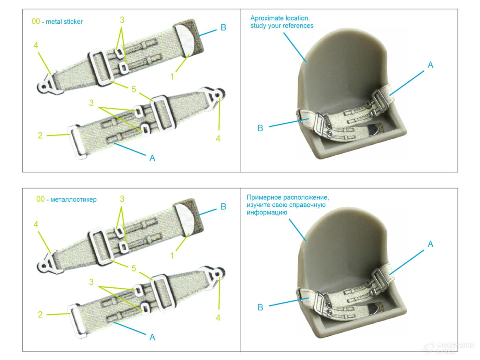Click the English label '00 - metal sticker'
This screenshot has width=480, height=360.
(57, 22)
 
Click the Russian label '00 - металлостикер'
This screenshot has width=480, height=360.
(67, 199)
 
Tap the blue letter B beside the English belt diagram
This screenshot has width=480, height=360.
(223, 27)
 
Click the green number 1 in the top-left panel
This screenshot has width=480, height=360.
(172, 76)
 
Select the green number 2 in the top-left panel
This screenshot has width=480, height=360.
(40, 135)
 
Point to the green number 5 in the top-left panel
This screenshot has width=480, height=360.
(134, 89)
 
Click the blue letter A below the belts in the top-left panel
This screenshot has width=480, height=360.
(152, 158)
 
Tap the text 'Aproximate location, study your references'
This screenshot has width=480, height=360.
(281, 22)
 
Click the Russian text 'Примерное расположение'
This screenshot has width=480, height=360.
(288, 197)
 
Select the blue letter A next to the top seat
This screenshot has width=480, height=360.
(430, 65)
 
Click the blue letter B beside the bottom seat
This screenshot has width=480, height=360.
(260, 307)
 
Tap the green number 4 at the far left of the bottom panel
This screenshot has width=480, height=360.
(36, 224)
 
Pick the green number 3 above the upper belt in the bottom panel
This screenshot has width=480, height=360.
(122, 199)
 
